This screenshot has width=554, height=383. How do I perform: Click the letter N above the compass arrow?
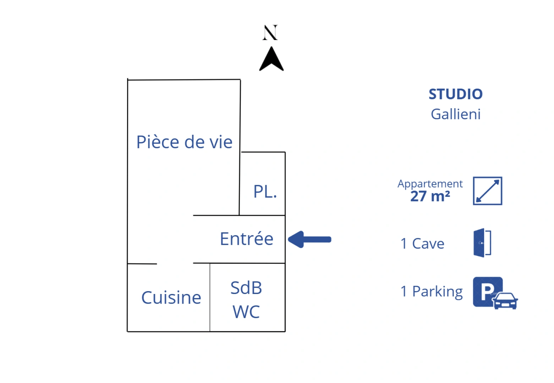click(x=270, y=33)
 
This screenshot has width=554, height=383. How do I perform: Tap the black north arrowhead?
click(x=271, y=59)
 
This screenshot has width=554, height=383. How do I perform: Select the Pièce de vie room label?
click(x=184, y=142)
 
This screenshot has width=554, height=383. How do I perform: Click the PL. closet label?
click(x=265, y=192)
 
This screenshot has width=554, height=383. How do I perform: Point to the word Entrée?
click(x=247, y=239)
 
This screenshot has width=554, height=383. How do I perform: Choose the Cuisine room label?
click(x=171, y=298)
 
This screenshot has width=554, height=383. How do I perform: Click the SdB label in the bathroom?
click(x=246, y=288)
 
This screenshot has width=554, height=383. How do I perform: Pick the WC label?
click(x=246, y=312)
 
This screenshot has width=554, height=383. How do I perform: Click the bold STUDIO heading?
click(x=455, y=94)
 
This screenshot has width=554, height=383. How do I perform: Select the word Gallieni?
click(x=456, y=114)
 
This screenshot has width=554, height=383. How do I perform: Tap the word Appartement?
click(x=430, y=184)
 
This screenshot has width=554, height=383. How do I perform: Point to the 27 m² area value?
click(x=430, y=196)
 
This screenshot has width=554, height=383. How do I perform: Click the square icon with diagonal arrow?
click(x=487, y=191)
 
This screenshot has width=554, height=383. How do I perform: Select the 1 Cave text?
click(x=422, y=244)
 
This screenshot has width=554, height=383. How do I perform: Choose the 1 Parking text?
click(x=432, y=292)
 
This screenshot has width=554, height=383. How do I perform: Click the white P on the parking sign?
click(x=487, y=292)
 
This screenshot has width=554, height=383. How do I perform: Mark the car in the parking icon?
click(x=505, y=301)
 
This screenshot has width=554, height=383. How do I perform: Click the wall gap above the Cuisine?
click(x=175, y=263)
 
